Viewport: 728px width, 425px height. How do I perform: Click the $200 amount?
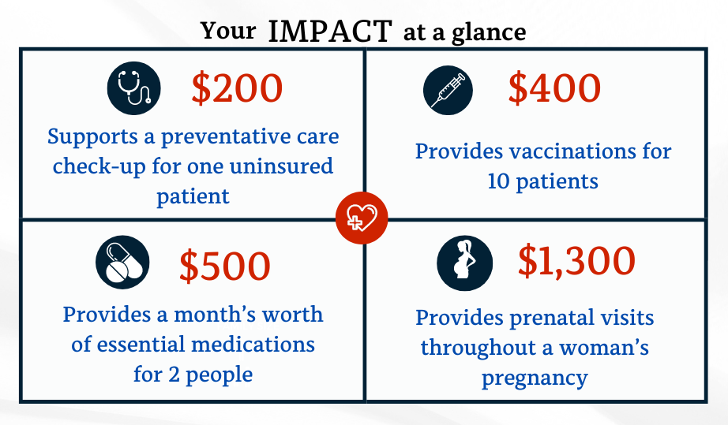[x=237, y=88]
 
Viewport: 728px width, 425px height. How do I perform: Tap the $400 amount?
[x=554, y=88]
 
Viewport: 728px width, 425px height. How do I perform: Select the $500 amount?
[x=225, y=266]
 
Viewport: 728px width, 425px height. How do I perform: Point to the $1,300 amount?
[x=576, y=262]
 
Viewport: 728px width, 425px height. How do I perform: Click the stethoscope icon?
[x=133, y=88]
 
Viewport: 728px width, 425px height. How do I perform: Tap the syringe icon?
[x=448, y=90]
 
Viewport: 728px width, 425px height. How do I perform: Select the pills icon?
[x=122, y=263]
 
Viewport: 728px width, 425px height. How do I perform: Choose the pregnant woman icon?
[x=465, y=263]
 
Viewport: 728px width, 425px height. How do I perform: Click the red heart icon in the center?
[x=362, y=218]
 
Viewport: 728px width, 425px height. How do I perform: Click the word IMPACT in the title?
[x=331, y=32]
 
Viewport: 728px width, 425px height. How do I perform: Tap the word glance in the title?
[x=489, y=33]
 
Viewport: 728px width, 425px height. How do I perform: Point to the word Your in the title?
[x=228, y=31]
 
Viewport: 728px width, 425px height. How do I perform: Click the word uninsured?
[x=281, y=166]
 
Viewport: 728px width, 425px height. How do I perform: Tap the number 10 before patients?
[x=499, y=181]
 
